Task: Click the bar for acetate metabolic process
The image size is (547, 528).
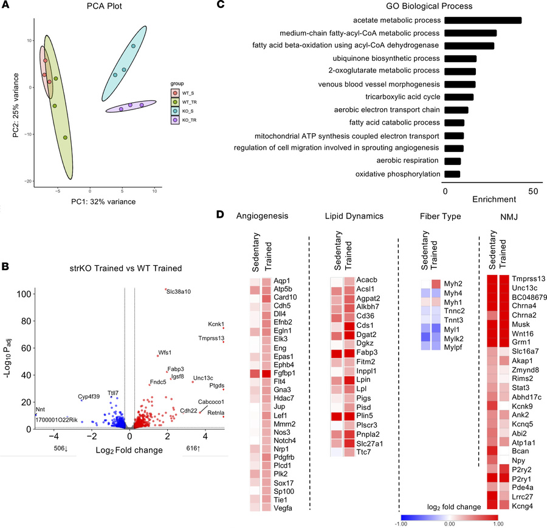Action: coord(483,20)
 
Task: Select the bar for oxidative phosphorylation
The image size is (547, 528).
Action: coord(452,174)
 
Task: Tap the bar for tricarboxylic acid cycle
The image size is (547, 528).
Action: coord(459,97)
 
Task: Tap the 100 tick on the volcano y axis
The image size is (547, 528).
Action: coord(24,294)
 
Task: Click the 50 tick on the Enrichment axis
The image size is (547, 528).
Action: coord(534,192)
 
